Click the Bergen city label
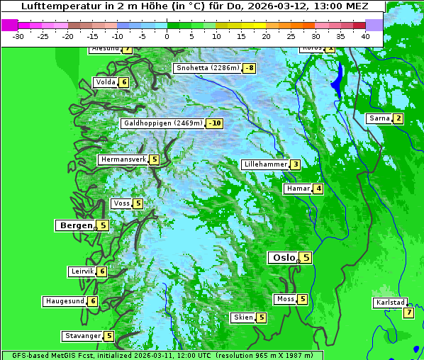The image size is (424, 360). pyautogui.click(x=75, y=225)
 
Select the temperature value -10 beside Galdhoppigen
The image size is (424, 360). pyautogui.click(x=215, y=123)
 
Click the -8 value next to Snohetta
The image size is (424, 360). pyautogui.click(x=249, y=69)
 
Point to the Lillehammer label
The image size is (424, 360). pyautogui.click(x=265, y=164)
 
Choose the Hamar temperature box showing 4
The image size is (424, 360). pyautogui.click(x=318, y=189)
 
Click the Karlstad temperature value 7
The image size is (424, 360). pyautogui.click(x=408, y=313)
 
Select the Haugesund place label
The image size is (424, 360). pyautogui.click(x=65, y=301)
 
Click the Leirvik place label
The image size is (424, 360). pyautogui.click(x=82, y=271)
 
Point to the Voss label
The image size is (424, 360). pyautogui.click(x=121, y=203)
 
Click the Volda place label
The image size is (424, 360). pyautogui.click(x=105, y=82)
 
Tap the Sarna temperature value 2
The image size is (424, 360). pyautogui.click(x=398, y=118)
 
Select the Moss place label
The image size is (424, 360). pyautogui.click(x=285, y=299)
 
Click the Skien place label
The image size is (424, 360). pyautogui.click(x=242, y=317)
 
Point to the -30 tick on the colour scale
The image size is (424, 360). pyautogui.click(x=18, y=35)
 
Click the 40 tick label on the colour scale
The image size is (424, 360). pyautogui.click(x=365, y=35)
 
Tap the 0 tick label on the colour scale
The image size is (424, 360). pyautogui.click(x=167, y=35)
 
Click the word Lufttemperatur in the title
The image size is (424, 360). pyautogui.click(x=54, y=6)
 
